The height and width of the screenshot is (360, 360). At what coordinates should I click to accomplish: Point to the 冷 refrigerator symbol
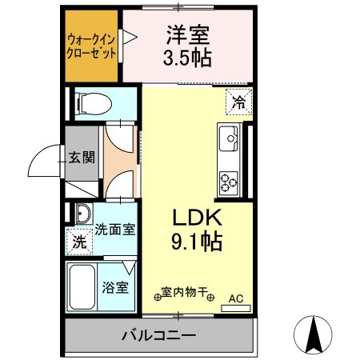pos(238,102)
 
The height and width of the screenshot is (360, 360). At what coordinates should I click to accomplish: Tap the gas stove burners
pos(230,182)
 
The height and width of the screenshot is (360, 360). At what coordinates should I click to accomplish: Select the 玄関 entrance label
pos(81,156)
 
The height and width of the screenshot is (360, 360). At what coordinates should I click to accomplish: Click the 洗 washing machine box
pos(79,241)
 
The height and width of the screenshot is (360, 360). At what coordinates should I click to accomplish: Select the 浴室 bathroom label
pos(114,286)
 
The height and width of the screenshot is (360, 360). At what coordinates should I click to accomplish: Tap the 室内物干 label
pos(184,292)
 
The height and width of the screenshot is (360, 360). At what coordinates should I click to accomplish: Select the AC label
pos(236,299)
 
